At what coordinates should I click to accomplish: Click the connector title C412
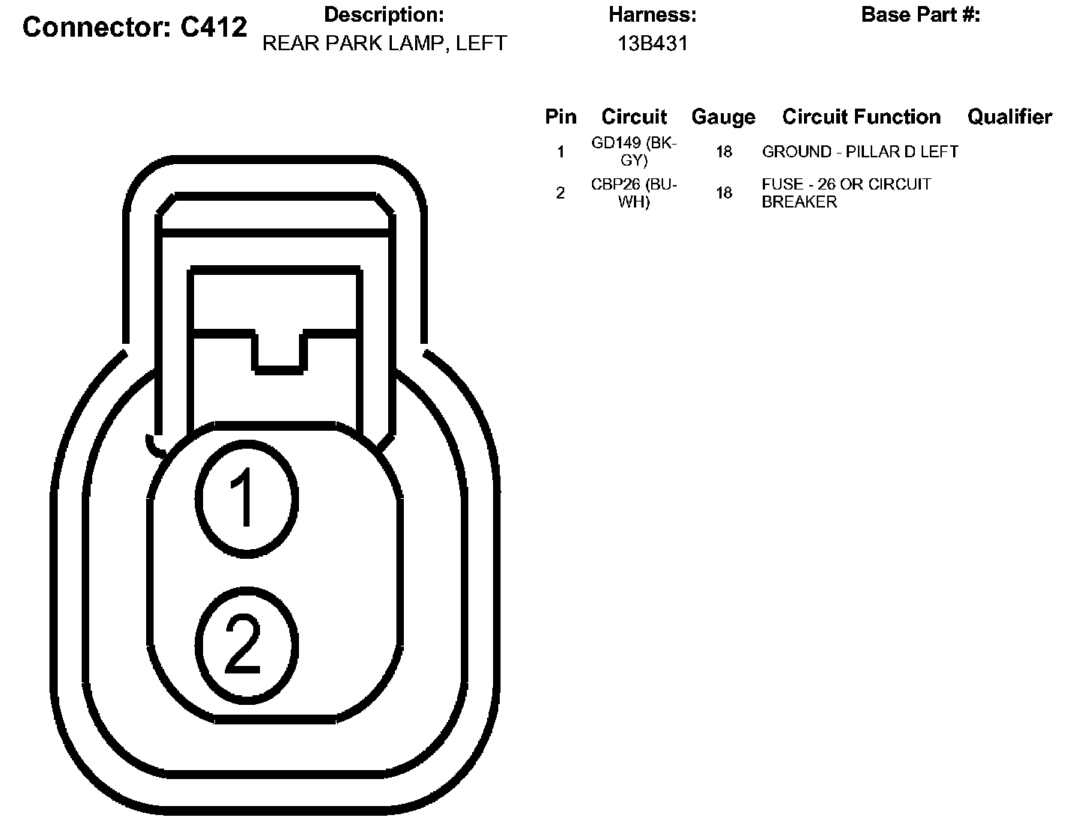pos(135,28)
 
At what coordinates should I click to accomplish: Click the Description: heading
pos(384,15)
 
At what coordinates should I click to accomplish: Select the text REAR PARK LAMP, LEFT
pos(384,43)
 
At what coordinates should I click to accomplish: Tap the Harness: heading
pos(652,15)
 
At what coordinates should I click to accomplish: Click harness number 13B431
pos(652,43)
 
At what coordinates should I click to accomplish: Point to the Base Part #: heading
pos(920,15)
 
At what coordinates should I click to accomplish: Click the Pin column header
pos(560,117)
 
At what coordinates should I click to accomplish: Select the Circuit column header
pos(634,117)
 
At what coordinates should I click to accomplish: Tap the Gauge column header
pos(723,117)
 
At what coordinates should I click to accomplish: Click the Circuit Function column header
pos(861,117)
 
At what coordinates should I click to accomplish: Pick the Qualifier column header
pos(1009,117)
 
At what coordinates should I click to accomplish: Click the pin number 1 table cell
pos(560,152)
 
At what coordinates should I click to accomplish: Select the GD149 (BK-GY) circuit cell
pos(634,151)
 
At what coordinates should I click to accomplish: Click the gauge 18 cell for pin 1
pos(723,152)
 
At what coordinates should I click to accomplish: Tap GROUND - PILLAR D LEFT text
pos(859,152)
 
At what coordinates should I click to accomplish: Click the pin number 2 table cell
pos(560,193)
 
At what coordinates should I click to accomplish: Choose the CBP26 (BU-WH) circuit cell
pos(634,193)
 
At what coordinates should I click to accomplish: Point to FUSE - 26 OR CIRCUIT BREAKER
pos(846,193)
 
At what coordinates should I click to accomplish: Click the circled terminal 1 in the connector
pos(247,498)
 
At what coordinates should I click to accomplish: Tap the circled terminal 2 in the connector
pos(247,646)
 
